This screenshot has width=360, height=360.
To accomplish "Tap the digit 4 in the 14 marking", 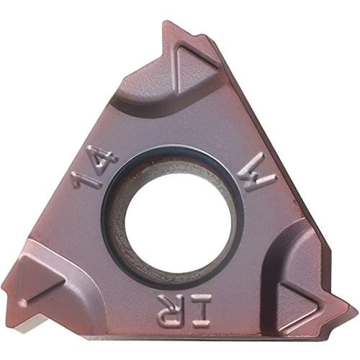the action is coord(104,159).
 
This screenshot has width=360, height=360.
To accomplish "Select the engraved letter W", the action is coord(256,172).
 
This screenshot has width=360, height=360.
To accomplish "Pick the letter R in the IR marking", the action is coord(171,310).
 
